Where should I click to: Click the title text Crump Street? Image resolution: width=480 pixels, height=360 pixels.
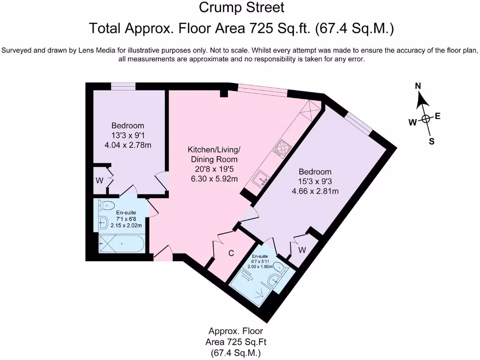tap(241, 7)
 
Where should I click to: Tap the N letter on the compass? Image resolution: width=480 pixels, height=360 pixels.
tap(418, 86)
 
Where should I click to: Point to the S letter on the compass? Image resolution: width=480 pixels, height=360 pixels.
tap(432, 142)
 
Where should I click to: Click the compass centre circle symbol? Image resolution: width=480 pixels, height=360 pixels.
tap(426, 119)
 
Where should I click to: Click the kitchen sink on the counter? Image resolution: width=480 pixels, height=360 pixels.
tap(261, 179)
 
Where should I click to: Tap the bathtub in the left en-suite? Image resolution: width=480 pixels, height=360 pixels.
tap(121, 244)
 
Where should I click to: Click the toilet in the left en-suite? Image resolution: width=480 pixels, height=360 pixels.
tap(106, 205)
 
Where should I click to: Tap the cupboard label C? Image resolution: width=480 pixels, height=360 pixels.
tap(231, 253)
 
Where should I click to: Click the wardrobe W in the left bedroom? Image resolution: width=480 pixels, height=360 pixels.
tap(99, 180)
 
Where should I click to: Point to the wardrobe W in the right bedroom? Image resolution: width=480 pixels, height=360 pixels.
tap(302, 250)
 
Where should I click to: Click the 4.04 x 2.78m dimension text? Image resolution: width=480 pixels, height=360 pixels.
tap(128, 145)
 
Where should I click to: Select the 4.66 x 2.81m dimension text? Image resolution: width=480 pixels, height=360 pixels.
tap(315, 191)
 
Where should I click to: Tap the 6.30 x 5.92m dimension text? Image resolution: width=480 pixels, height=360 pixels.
tap(214, 179)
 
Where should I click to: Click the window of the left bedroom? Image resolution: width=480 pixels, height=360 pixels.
tap(123, 87)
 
